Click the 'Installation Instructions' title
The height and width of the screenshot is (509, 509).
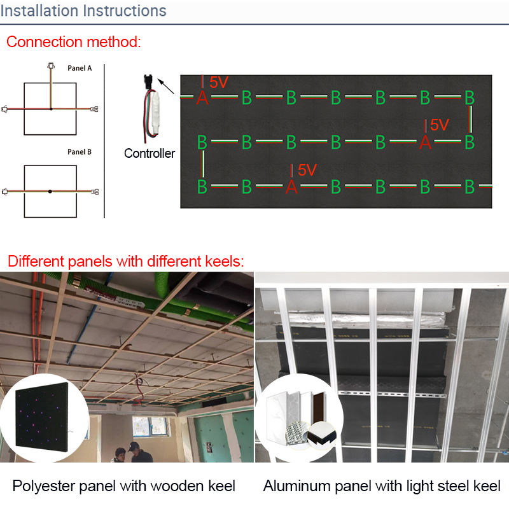coord(83,11)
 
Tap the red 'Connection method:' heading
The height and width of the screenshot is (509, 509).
coord(73,43)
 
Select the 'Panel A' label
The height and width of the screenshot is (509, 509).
coord(80,67)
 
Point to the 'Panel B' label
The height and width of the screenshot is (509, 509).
coord(80,152)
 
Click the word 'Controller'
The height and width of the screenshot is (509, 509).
coord(150,153)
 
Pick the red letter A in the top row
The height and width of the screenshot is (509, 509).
coord(202,98)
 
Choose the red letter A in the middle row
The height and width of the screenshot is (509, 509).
coord(425,143)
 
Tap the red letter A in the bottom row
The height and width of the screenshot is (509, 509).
coord(291,187)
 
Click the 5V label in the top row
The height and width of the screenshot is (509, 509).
coord(218,82)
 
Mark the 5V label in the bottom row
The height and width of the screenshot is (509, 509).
coord(307,170)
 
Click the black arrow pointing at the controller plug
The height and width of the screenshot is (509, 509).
coord(167,86)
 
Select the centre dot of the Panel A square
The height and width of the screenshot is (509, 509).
coord(51,109)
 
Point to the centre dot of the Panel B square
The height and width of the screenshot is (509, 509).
coord(51,191)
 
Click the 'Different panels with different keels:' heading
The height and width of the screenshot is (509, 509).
coord(126,261)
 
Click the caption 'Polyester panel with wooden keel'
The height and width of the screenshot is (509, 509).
coord(124,486)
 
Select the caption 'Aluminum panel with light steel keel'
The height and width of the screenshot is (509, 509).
coord(382,486)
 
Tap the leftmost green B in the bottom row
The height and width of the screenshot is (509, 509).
coord(202,187)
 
